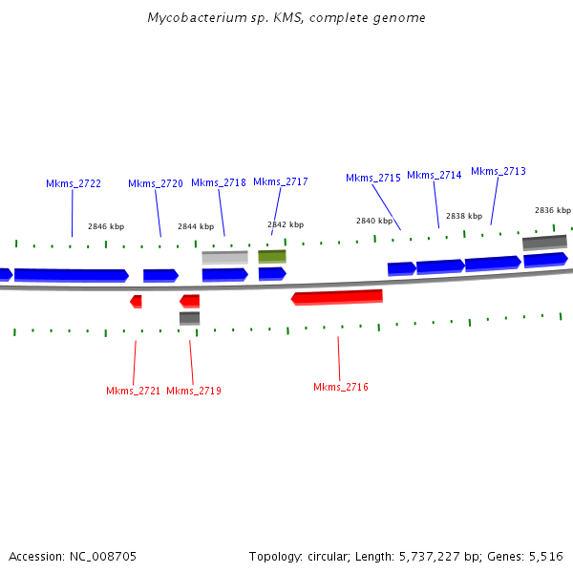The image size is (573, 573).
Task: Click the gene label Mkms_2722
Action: pyautogui.click(x=74, y=183)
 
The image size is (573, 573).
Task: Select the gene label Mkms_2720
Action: pyautogui.click(x=155, y=183)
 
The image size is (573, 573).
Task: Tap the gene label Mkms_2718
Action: pyautogui.click(x=219, y=182)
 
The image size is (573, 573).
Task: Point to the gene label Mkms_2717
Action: pyautogui.click(x=281, y=181)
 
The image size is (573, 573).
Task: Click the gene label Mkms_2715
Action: pyautogui.click(x=373, y=178)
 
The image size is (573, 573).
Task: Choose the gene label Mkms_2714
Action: pyautogui.click(x=435, y=175)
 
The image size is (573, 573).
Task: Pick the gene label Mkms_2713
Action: pyautogui.click(x=499, y=171)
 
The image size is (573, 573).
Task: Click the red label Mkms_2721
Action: pyautogui.click(x=134, y=391)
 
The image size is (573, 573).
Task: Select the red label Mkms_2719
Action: pyautogui.click(x=194, y=391)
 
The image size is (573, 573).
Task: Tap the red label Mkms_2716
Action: pyautogui.click(x=341, y=387)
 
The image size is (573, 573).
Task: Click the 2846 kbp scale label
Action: pyautogui.click(x=106, y=226)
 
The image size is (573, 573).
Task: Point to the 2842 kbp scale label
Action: pyautogui.click(x=286, y=224)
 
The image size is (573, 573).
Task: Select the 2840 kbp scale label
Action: pyautogui.click(x=374, y=221)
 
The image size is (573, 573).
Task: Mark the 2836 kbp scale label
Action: pyautogui.click(x=553, y=210)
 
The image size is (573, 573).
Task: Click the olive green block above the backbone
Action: pyautogui.click(x=272, y=256)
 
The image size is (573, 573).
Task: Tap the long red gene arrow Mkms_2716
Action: pyautogui.click(x=337, y=297)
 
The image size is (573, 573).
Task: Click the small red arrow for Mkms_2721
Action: pyautogui.click(x=137, y=302)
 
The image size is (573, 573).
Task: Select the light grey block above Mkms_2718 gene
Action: pyautogui.click(x=224, y=257)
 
